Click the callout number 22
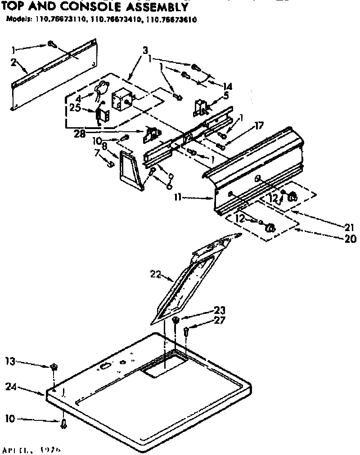click(x=154, y=272)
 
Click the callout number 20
click(x=350, y=239)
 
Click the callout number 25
click(x=74, y=107)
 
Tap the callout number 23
click(x=220, y=310)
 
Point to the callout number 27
click(x=220, y=320)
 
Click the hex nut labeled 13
click(x=53, y=366)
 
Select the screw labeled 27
click(x=187, y=333)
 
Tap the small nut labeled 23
click(x=176, y=320)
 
